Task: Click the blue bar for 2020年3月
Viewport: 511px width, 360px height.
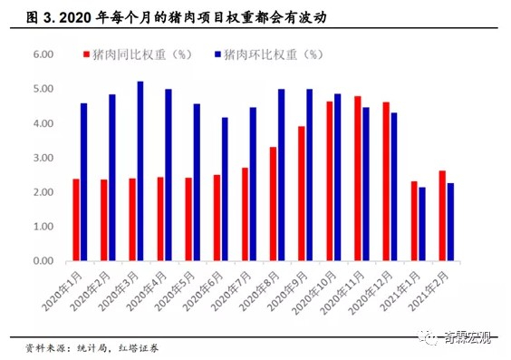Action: pyautogui.click(x=140, y=171)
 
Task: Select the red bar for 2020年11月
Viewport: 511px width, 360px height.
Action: pyautogui.click(x=358, y=179)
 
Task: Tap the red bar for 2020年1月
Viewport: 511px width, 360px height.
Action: pyautogui.click(x=76, y=219)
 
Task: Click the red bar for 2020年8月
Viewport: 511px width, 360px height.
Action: pyautogui.click(x=273, y=204)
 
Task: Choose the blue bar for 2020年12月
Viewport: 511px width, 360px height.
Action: pyautogui.click(x=394, y=187)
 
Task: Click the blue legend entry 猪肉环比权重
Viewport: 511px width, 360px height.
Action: pyautogui.click(x=272, y=54)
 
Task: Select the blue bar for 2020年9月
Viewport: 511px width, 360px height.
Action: pyautogui.click(x=309, y=175)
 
